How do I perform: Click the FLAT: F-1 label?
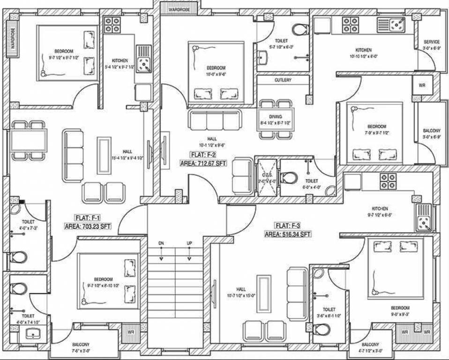[87, 217]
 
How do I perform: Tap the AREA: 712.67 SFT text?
[203, 163]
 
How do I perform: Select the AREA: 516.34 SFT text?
[287, 233]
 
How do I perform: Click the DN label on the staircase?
[161, 244]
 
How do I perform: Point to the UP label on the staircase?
[189, 244]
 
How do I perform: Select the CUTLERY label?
[283, 80]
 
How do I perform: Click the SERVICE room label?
[431, 42]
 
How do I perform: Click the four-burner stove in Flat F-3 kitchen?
[388, 181]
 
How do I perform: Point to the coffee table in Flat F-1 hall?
[104, 155]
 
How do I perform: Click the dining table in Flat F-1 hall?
[29, 140]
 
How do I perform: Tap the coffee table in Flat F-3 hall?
[264, 294]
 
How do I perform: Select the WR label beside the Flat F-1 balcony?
[131, 333]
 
